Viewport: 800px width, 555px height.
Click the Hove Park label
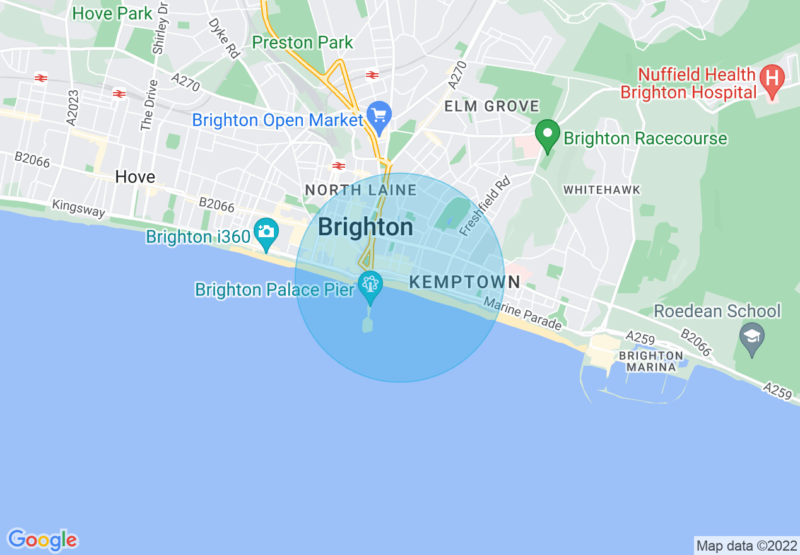click(112, 13)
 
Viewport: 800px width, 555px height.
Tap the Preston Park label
click(302, 43)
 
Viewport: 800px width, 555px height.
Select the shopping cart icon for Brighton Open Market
click(379, 116)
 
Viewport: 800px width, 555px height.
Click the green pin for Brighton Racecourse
click(548, 134)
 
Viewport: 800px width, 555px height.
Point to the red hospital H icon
click(771, 79)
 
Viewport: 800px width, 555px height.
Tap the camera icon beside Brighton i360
click(266, 231)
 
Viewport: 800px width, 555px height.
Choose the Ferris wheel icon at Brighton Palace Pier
click(370, 284)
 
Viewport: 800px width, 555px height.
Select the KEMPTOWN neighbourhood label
click(464, 282)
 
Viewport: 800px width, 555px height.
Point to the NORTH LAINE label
click(360, 190)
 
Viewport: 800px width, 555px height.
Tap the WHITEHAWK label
click(601, 190)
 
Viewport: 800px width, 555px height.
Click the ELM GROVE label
click(491, 106)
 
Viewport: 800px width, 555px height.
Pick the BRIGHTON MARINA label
click(651, 361)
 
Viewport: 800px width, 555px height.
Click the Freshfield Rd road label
click(484, 206)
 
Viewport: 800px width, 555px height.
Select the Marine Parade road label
click(522, 315)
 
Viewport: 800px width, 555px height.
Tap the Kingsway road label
click(79, 209)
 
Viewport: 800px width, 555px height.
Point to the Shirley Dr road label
click(161, 28)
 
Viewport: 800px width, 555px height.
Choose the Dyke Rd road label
click(225, 39)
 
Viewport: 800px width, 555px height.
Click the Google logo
click(42, 540)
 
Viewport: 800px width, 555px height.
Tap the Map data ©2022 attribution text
click(745, 546)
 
